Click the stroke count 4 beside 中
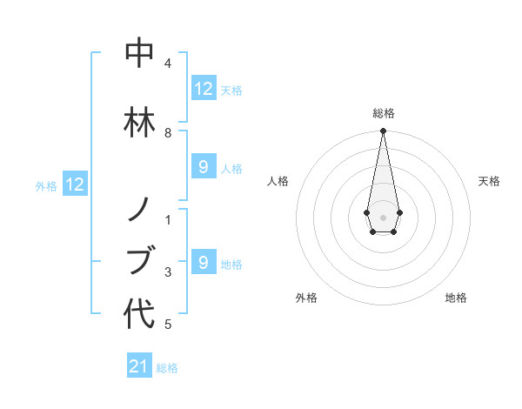point(168,64)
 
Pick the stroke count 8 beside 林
point(168,133)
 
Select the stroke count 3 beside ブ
point(168,272)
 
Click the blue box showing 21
point(139,367)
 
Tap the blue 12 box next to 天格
point(204,89)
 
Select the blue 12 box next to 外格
point(75,184)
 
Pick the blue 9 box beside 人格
point(204,167)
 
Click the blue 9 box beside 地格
point(204,262)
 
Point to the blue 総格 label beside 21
point(167,368)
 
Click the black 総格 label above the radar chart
point(384,113)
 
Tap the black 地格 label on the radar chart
point(456,298)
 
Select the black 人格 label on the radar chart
point(278,181)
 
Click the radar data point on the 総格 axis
point(383,131)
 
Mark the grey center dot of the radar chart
point(383,216)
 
